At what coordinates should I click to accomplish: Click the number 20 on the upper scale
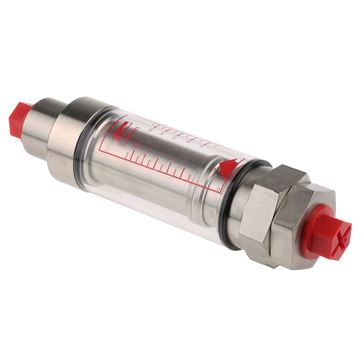point(151,130)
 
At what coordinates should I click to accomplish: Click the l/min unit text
point(133,132)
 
